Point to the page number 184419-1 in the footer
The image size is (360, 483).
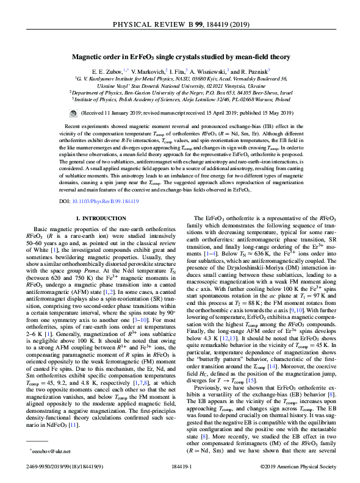[180, 465]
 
